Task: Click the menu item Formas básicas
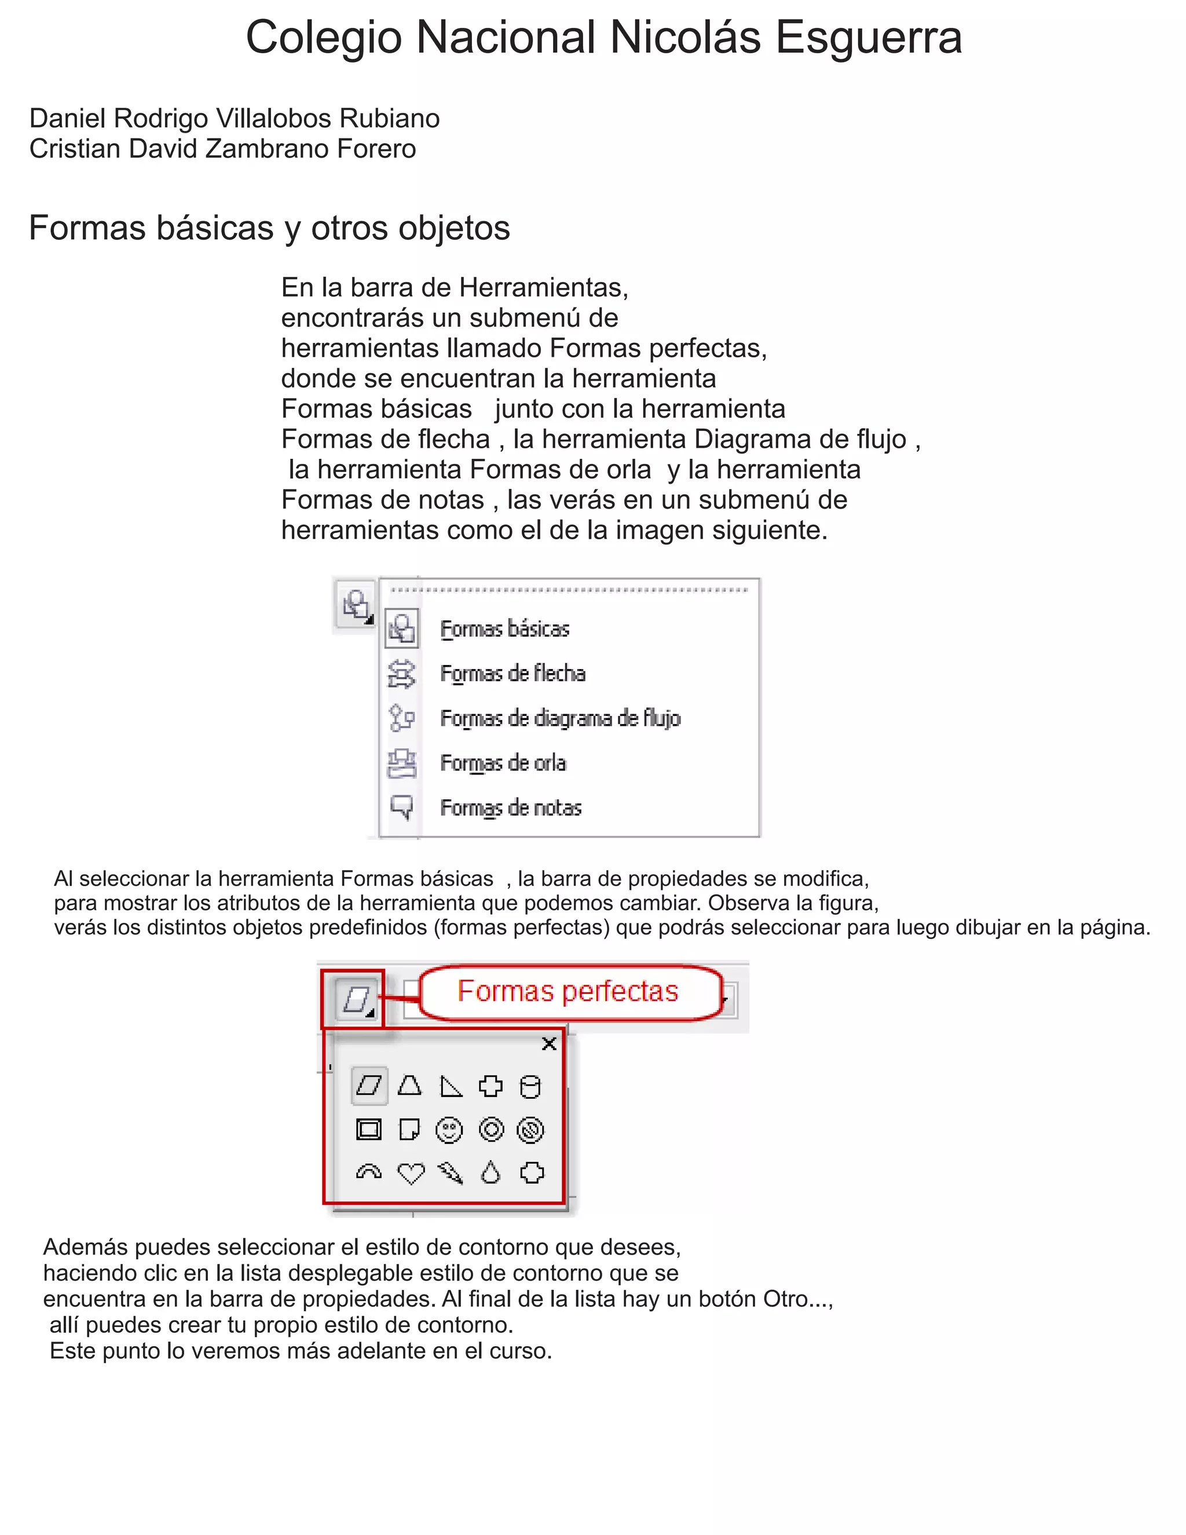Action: [x=504, y=629]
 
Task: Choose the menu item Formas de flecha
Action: [x=513, y=673]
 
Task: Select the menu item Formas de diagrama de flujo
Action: [x=560, y=718]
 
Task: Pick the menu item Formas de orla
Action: [x=503, y=763]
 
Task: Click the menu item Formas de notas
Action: [x=511, y=808]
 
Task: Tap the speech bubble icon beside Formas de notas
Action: [x=402, y=807]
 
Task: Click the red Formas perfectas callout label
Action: [x=568, y=992]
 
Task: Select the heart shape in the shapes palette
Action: [x=411, y=1173]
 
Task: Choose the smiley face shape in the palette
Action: [x=449, y=1130]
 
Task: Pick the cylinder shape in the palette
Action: [x=530, y=1087]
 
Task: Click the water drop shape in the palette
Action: [x=490, y=1172]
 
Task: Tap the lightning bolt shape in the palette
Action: [x=451, y=1172]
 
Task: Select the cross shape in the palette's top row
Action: [x=490, y=1087]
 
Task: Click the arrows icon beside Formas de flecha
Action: [x=402, y=673]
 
